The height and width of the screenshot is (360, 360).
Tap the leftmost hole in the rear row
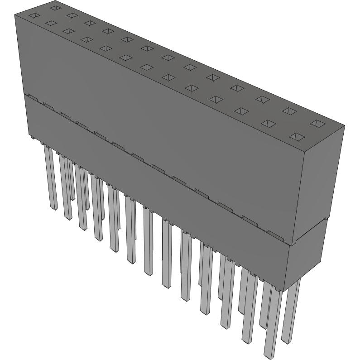pos(55,8)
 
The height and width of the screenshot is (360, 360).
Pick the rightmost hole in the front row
pos(298,136)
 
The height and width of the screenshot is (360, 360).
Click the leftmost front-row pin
pos(51,177)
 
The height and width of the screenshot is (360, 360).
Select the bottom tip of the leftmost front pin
pos(53,208)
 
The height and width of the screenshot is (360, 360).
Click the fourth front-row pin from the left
pos(97,208)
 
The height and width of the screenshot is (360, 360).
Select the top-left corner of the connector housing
pos(15,15)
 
